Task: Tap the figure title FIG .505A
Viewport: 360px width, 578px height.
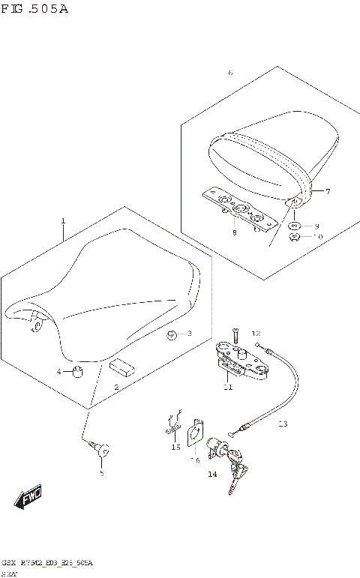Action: (x=35, y=10)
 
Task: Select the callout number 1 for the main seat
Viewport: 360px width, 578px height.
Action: (x=64, y=220)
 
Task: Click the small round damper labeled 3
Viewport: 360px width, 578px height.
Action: (x=172, y=334)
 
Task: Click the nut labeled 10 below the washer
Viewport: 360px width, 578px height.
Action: (x=295, y=238)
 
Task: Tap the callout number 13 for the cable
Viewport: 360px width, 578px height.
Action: (x=282, y=424)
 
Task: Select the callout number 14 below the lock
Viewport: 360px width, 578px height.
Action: (x=212, y=475)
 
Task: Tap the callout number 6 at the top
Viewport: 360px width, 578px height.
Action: (x=230, y=73)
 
